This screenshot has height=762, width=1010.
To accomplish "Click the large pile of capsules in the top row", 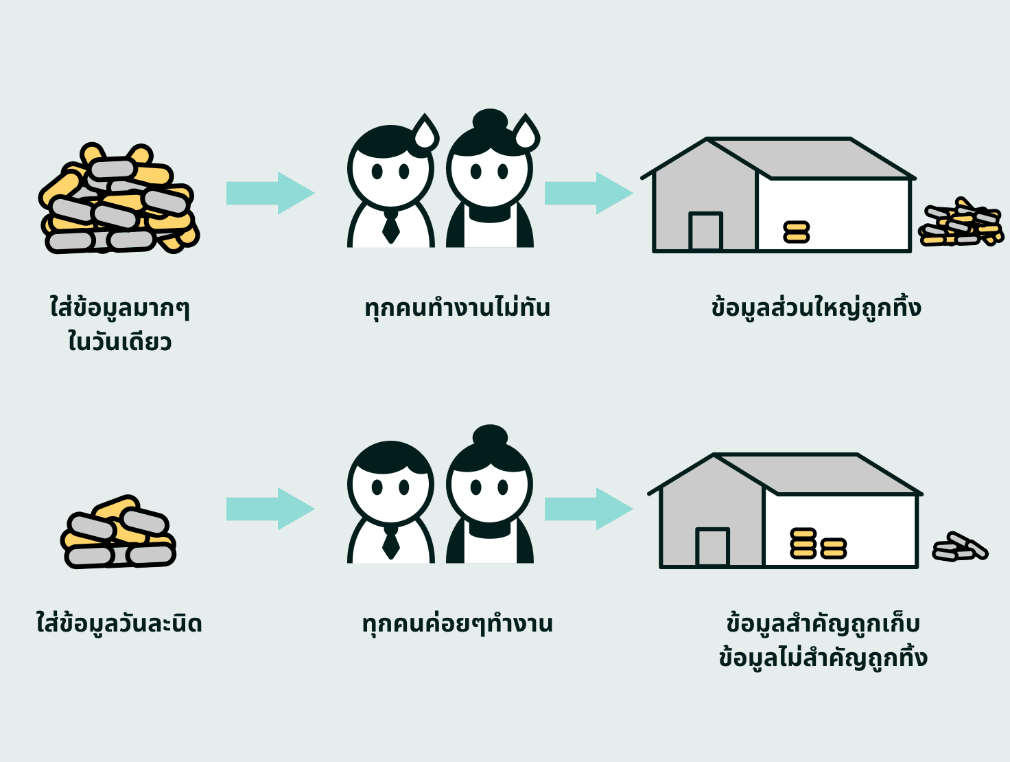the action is click(x=119, y=199).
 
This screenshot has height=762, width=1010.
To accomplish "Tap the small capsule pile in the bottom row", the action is click(x=118, y=533).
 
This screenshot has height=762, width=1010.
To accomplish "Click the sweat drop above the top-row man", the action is click(x=425, y=132).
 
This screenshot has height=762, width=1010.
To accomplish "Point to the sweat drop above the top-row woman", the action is click(x=526, y=132).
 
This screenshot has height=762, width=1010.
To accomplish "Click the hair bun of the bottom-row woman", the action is click(x=490, y=436).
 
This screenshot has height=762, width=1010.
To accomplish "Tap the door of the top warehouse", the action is click(x=705, y=231).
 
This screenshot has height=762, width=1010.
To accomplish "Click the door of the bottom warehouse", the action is click(x=712, y=546).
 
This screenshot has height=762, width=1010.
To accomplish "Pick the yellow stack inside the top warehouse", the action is click(x=797, y=232).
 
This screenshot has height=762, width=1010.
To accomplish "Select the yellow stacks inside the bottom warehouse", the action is click(x=818, y=544).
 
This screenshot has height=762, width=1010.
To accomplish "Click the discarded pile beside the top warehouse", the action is click(x=961, y=222).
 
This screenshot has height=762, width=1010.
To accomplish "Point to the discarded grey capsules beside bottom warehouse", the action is click(x=959, y=547).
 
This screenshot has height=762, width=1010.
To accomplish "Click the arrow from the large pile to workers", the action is click(x=269, y=193).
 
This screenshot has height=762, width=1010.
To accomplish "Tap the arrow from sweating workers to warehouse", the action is click(x=587, y=193).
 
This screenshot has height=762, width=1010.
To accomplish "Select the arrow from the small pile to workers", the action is click(x=269, y=509).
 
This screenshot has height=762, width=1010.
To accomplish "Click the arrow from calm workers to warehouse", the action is click(x=587, y=509).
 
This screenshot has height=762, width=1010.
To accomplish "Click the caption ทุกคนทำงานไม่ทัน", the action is click(x=457, y=308).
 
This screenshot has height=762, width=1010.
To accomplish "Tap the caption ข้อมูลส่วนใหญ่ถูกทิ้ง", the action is click(x=816, y=308).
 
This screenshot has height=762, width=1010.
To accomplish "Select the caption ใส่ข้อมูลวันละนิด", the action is click(x=119, y=623).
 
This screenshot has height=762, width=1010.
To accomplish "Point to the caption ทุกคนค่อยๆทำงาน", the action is click(x=457, y=623).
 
